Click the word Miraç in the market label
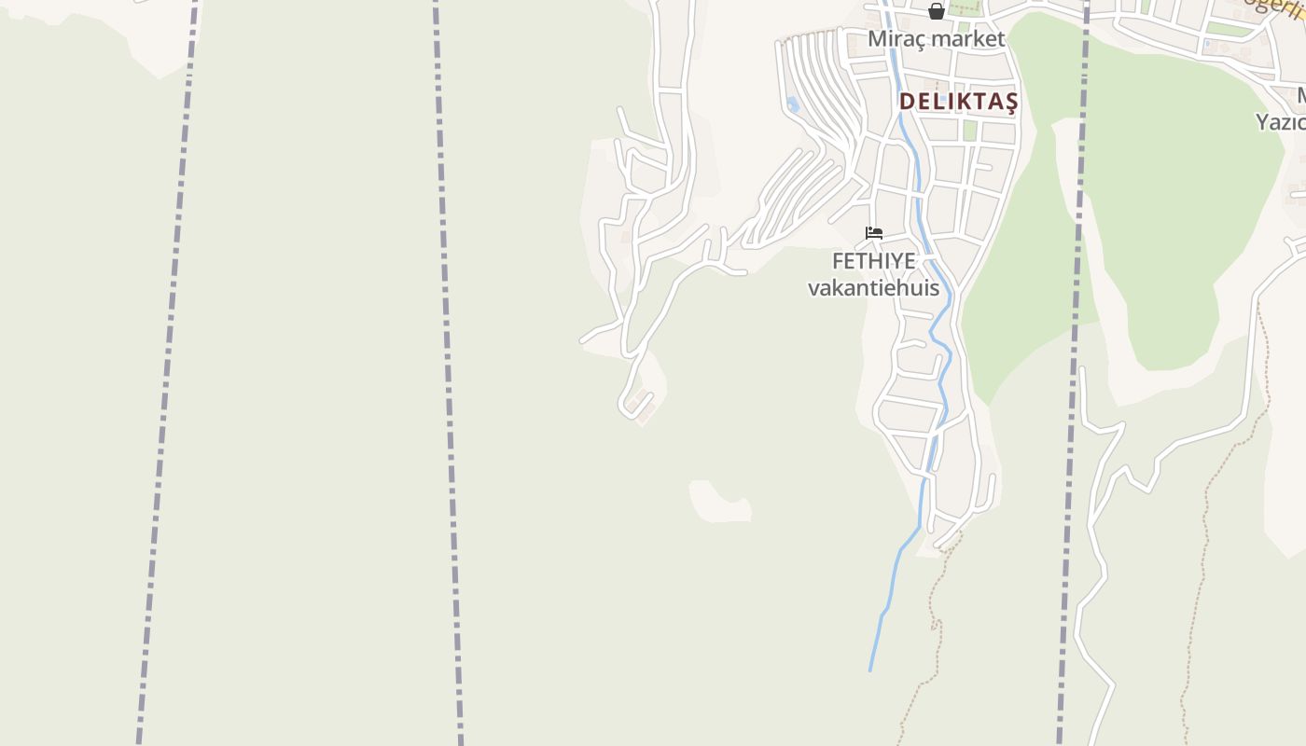[x=894, y=39]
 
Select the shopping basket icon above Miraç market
[x=937, y=11]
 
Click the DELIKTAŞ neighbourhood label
[x=959, y=102]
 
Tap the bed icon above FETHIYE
[x=874, y=232]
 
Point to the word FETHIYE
[x=873, y=261]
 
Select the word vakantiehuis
[x=873, y=287]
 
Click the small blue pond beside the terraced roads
[x=793, y=104]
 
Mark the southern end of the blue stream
[x=870, y=669]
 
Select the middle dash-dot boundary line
[x=448, y=373]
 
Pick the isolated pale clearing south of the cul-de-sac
[x=718, y=502]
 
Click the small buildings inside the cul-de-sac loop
[x=639, y=403]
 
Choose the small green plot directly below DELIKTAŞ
[x=969, y=130]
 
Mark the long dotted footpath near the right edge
[x=1203, y=559]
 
